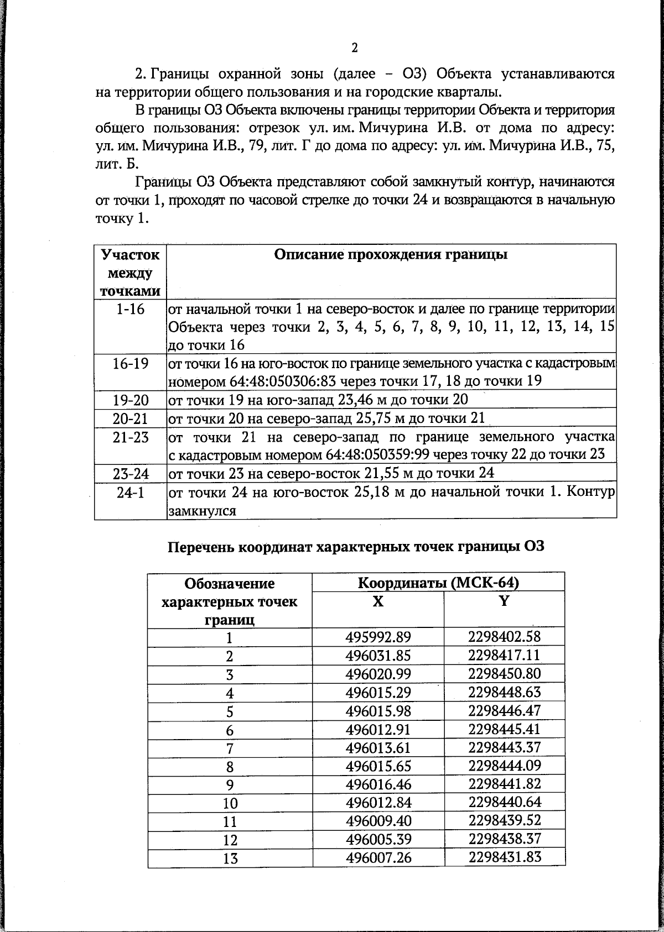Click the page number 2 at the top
354,48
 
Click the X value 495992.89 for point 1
378,637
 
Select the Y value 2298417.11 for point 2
504,656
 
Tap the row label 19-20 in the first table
131,400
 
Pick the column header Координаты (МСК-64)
438,583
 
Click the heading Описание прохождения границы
391,255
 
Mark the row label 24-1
131,493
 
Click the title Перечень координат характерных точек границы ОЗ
356,547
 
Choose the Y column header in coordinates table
504,601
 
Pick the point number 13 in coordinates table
230,858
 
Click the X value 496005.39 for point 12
378,840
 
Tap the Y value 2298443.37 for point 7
504,747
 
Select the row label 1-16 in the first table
131,309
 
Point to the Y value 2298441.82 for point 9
504,784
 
